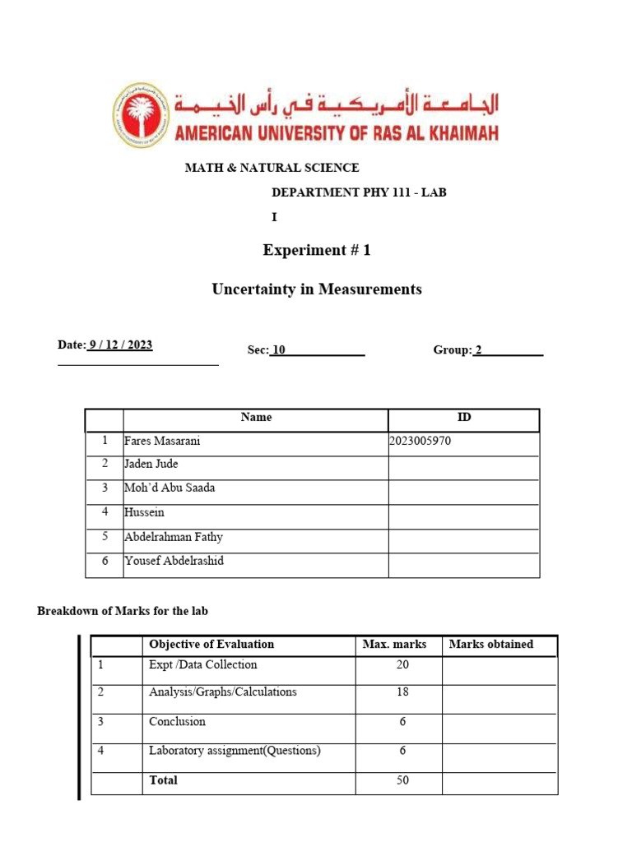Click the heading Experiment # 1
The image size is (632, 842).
317,250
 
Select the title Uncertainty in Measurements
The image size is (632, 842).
317,289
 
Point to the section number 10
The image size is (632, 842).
279,350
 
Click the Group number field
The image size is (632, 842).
507,350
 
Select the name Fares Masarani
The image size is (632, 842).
162,442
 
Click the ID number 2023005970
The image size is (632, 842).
421,442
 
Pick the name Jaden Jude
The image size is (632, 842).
151,465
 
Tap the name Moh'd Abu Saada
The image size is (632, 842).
170,488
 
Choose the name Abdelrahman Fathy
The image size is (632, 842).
174,538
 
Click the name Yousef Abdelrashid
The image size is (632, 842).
174,562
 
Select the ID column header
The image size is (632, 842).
464,418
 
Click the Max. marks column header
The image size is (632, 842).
394,645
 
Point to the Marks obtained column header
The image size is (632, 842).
491,645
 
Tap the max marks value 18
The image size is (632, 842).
402,692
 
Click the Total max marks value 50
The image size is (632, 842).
402,780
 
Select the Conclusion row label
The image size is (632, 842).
177,722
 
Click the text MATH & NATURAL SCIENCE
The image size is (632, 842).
272,168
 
